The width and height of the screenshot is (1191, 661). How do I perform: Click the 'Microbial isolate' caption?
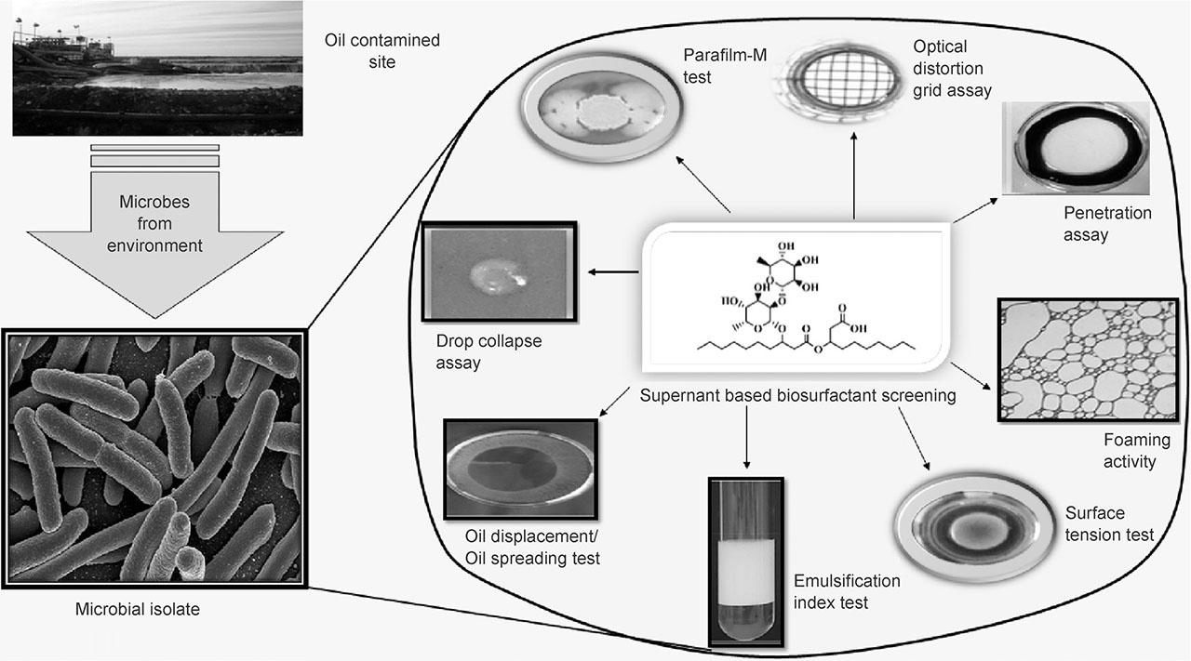coord(137,610)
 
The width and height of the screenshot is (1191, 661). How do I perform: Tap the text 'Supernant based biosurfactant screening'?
coord(798,396)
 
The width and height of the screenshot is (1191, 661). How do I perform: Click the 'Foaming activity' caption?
coord(1130,451)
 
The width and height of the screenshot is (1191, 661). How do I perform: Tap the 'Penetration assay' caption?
coord(1106,224)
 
